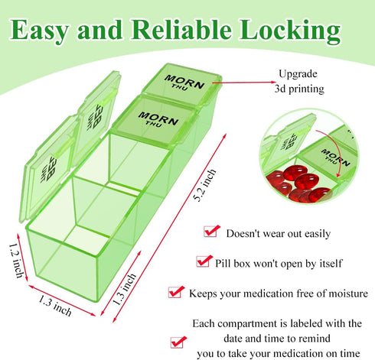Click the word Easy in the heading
pos(39,31)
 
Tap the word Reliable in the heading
pos(181,29)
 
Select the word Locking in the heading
pos(290,31)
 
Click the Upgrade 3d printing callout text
pos(298,82)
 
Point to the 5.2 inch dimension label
pos(204,185)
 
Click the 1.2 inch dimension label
pos(17,261)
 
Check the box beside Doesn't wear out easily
pos(211,231)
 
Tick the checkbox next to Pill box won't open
pos(204,261)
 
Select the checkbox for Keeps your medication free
pos(176,292)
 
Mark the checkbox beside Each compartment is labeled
pos(178,342)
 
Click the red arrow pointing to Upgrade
pos(243,83)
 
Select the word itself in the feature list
pos(331,264)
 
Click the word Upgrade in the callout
pos(298,74)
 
